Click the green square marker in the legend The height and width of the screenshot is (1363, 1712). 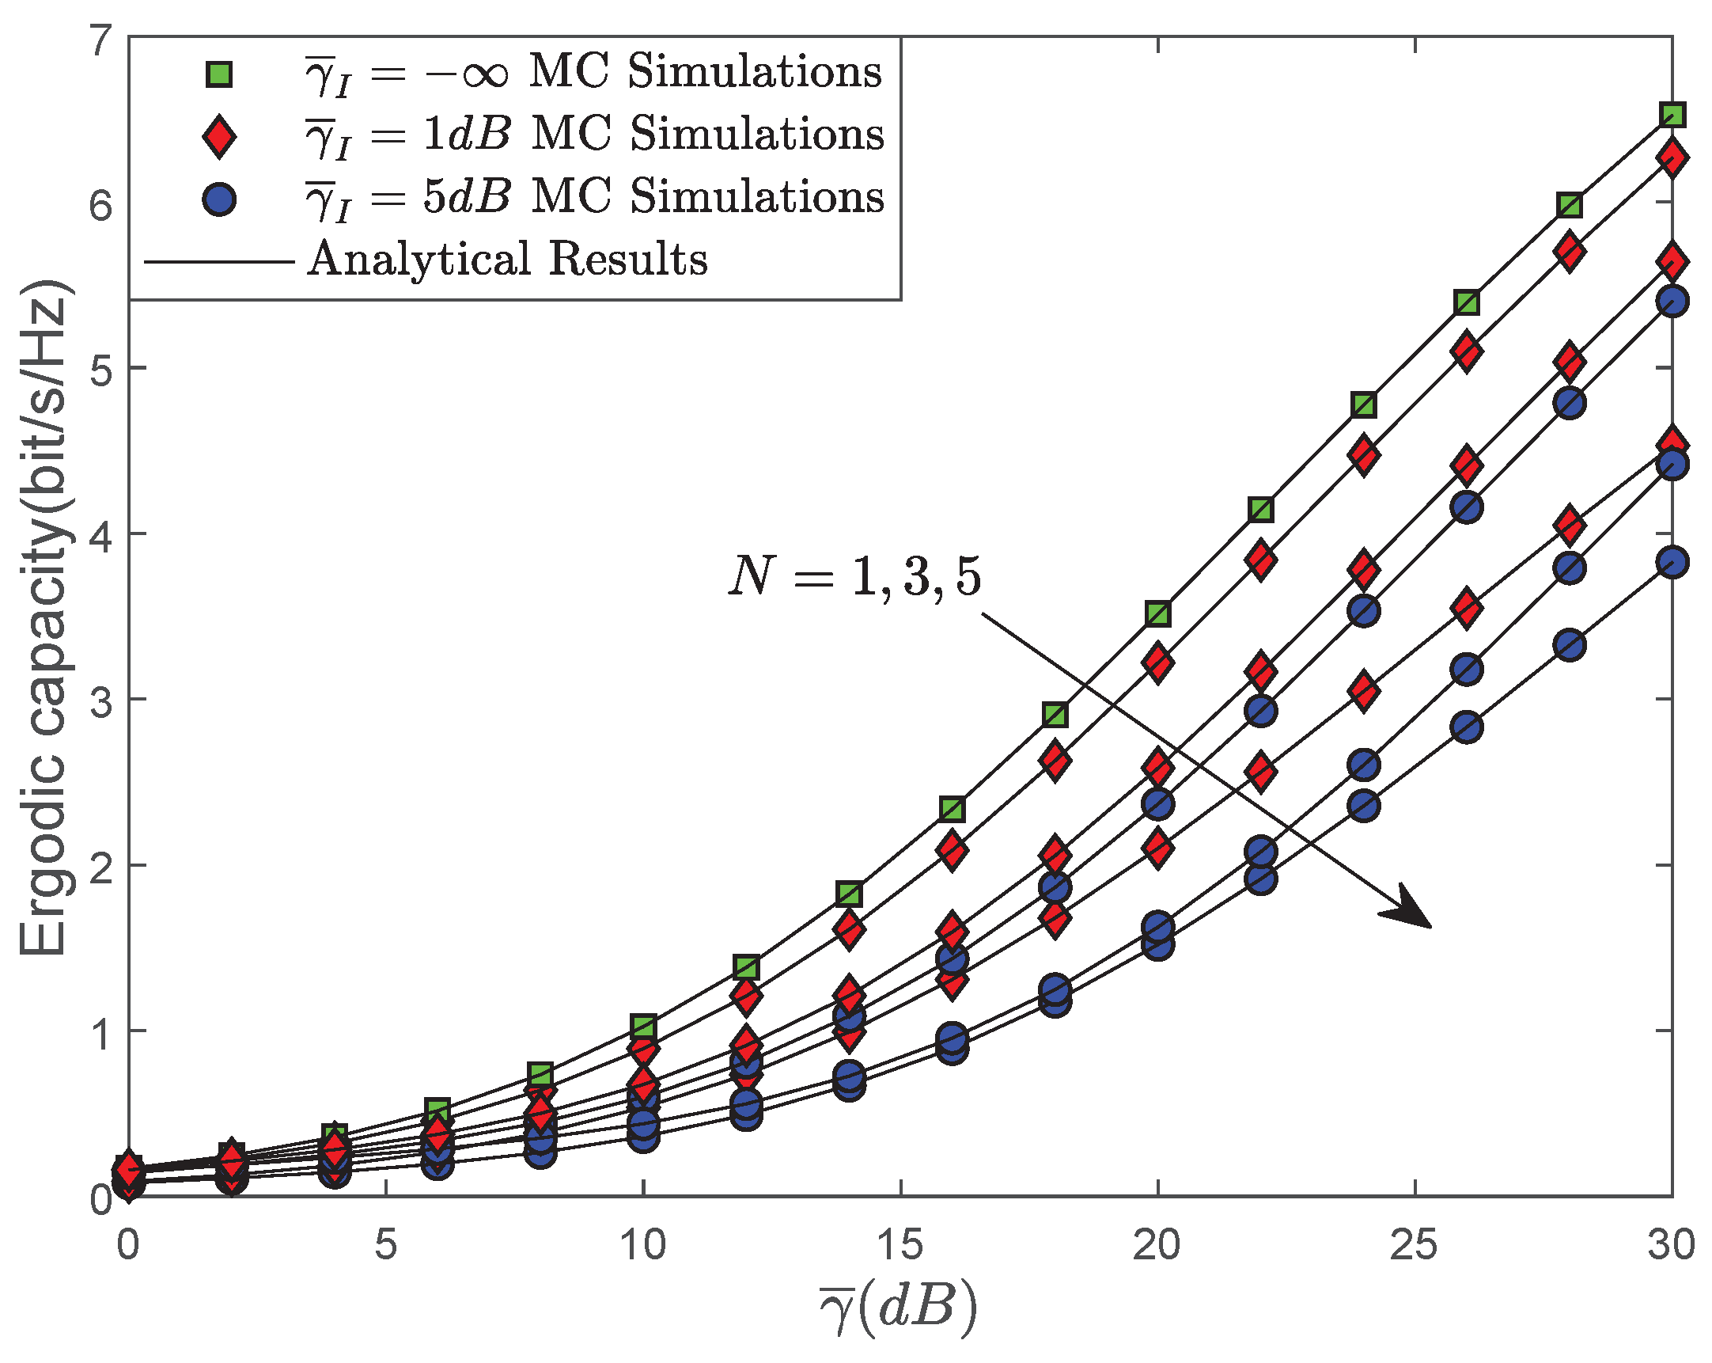[218, 74]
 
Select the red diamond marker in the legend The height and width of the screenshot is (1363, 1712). [218, 136]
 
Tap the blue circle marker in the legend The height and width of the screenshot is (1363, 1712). [218, 198]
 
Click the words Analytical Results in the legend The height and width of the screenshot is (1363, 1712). [508, 260]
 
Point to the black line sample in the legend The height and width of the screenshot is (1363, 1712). [219, 260]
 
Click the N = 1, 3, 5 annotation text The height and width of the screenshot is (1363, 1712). [854, 576]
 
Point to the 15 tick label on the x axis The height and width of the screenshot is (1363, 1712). [900, 1244]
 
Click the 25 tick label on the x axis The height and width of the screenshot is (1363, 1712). [1415, 1244]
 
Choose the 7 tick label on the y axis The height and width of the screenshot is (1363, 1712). [100, 41]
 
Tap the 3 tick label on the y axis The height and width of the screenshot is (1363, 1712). [100, 701]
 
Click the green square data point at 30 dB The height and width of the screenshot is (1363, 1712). [1672, 115]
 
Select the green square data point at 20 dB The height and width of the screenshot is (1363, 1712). [1157, 613]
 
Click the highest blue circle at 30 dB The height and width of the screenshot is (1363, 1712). [1672, 301]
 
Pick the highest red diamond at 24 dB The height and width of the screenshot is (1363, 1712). [1363, 455]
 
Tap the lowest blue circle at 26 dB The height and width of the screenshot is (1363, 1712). [1467, 727]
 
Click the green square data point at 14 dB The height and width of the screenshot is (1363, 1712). [849, 894]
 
